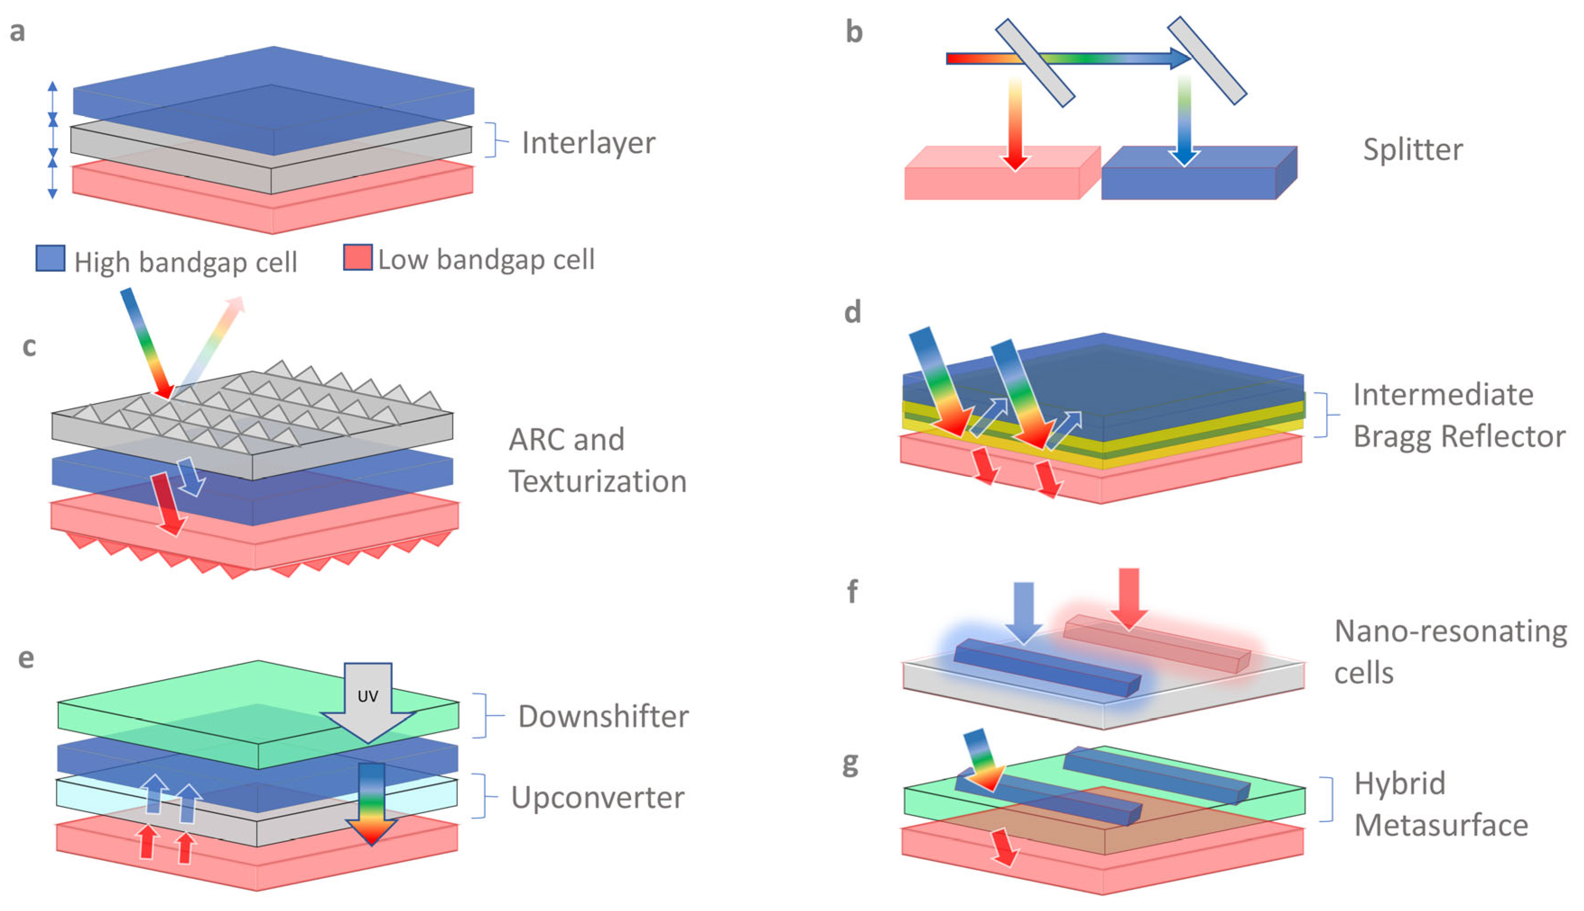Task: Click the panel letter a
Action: [18, 31]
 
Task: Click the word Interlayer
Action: [588, 143]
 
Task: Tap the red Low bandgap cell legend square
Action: [358, 257]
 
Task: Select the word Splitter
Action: [1413, 149]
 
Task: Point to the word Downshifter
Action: [603, 717]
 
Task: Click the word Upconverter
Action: [597, 798]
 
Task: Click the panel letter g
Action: [850, 763]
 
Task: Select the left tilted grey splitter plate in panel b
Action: [1035, 63]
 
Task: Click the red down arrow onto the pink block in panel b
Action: [1015, 125]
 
